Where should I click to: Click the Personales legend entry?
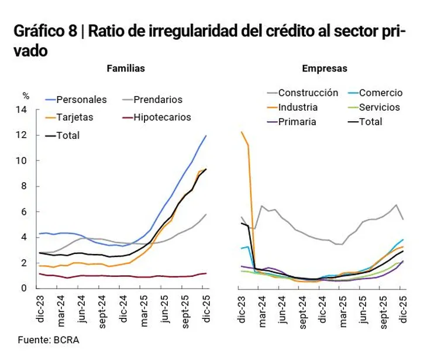[x=81, y=100]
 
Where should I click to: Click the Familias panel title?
[x=126, y=68]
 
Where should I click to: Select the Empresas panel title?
[x=325, y=68]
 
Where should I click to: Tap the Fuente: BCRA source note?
[x=48, y=340]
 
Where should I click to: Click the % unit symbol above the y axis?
[x=25, y=95]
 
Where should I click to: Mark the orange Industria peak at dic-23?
[x=242, y=132]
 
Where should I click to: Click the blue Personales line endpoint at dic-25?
[x=206, y=136]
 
